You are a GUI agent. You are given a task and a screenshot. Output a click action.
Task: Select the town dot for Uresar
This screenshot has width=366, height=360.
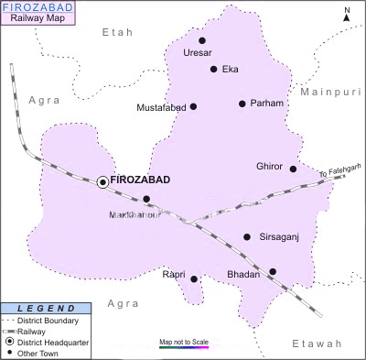tap(202, 41)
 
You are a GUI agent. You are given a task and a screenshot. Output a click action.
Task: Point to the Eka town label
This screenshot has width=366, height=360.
tap(231, 69)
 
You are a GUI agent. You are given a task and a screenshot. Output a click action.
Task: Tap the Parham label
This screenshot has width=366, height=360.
tap(267, 104)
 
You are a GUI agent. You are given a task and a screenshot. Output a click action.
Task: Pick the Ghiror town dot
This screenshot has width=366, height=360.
tap(293, 169)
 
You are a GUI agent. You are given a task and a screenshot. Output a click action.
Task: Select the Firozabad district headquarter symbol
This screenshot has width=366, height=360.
tap(102, 182)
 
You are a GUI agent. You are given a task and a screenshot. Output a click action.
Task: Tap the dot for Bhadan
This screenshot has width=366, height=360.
tap(272, 271)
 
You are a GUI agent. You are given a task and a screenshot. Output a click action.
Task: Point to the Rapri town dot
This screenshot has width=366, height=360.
tap(194, 278)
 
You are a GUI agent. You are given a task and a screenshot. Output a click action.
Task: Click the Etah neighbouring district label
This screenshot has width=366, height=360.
tap(116, 32)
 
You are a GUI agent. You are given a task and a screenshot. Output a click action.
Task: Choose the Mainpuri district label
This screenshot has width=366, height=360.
tap(330, 93)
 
